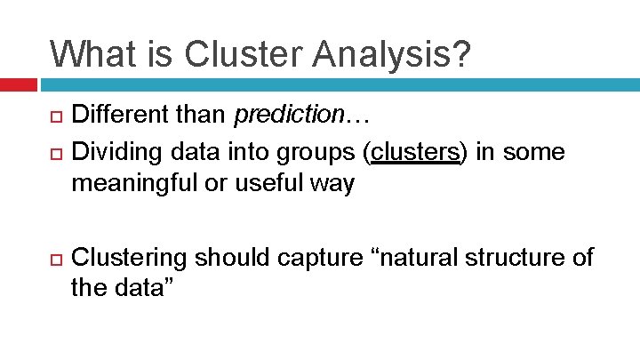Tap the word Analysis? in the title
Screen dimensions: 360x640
click(x=396, y=53)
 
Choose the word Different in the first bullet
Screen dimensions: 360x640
click(x=116, y=115)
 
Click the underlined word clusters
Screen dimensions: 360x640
click(x=415, y=152)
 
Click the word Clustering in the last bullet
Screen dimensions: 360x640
click(x=129, y=259)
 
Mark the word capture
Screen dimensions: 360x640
click(x=319, y=259)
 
